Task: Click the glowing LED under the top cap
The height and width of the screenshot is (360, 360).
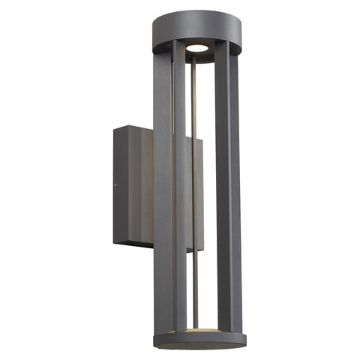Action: [x=197, y=47]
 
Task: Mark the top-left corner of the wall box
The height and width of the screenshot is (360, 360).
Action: [x=114, y=129]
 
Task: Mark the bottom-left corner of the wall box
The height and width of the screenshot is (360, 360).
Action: [x=115, y=241]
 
